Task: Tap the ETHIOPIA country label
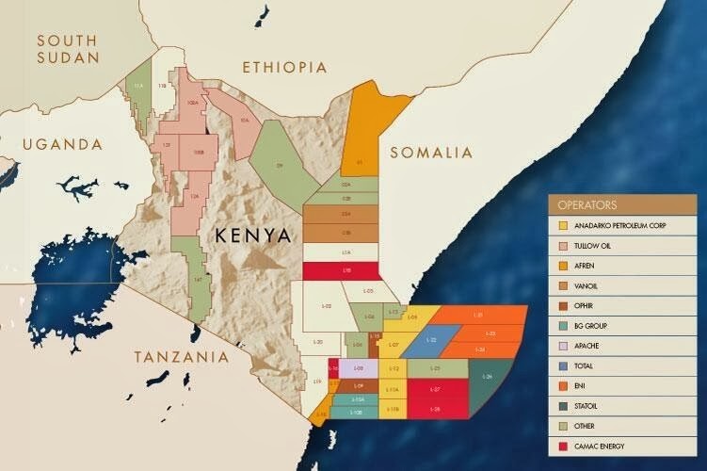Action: [284, 68]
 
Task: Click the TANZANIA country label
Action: [182, 357]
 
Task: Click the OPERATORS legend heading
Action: [588, 203]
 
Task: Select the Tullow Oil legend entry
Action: [599, 246]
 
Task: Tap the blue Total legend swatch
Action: [564, 365]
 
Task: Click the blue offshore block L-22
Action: [433, 339]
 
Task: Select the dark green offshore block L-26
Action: [488, 377]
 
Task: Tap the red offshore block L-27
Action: [435, 388]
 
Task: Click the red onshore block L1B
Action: [346, 270]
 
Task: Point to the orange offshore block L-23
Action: [490, 333]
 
